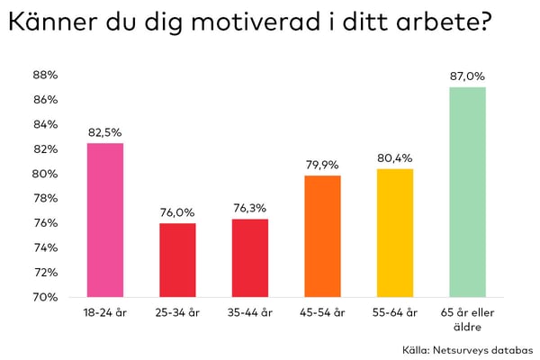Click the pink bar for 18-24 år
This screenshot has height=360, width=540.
[104, 220]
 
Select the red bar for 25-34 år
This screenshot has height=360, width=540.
[177, 259]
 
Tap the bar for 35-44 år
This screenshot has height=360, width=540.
[249, 257]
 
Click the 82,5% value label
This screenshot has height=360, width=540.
[104, 132]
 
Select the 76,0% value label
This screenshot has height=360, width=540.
[177, 212]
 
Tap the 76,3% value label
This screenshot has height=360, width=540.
[249, 209]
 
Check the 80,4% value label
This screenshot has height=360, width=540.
[395, 158]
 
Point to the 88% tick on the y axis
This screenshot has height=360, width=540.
[45, 75]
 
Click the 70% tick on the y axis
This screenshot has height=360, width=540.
[45, 297]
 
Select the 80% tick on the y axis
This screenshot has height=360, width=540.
[45, 174]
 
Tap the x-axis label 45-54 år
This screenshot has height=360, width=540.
[322, 312]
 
